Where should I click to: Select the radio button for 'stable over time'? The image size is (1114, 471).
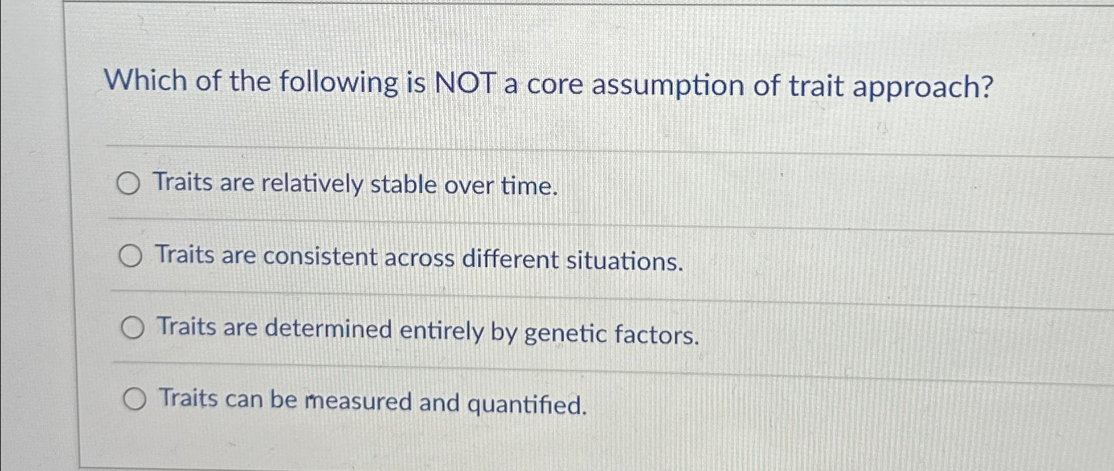point(128,185)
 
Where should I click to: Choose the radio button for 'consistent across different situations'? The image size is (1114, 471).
point(131,256)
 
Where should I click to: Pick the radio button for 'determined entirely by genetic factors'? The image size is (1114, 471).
point(133,328)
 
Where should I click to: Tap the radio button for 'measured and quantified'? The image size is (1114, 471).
point(135,400)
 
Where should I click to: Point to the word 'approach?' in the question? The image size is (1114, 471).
point(923,87)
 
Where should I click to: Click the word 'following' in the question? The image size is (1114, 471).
point(338,83)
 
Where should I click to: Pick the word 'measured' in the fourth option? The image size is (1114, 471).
point(358,401)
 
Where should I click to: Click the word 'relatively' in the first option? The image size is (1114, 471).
point(312,184)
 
